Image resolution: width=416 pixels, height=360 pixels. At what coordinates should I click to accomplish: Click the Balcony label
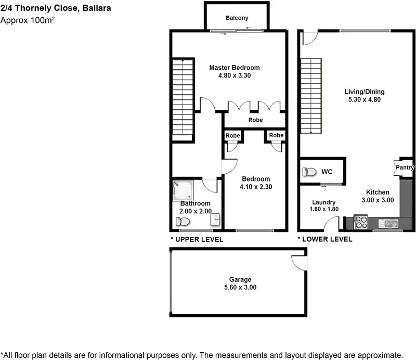pos(237,18)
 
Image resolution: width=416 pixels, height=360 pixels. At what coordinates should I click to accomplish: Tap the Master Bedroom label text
pos(235,68)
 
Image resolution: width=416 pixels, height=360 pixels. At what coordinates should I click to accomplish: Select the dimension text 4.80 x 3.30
pos(235,76)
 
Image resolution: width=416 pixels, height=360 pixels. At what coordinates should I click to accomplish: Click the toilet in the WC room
pos(310,172)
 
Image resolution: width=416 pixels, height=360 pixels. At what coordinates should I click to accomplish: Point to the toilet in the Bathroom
pos(183,222)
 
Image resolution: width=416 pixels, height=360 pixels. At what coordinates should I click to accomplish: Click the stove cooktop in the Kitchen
pos(361,223)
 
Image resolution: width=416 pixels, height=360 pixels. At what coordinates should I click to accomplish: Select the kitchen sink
pos(389,224)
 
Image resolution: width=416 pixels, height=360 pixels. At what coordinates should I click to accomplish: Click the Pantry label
pos(405,168)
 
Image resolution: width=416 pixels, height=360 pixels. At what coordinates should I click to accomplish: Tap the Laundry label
pos(323,202)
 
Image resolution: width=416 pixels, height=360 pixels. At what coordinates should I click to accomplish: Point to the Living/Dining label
pos(365,93)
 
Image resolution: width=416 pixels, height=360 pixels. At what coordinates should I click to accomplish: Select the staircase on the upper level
pos(183,99)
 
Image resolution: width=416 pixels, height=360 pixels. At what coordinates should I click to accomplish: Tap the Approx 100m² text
pos(28,21)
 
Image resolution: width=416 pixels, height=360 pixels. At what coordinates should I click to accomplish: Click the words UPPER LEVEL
pos(200,239)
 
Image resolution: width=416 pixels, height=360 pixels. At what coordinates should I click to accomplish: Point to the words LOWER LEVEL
pos(327,239)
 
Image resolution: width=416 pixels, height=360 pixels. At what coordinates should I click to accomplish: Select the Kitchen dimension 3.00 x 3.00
pos(378,200)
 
